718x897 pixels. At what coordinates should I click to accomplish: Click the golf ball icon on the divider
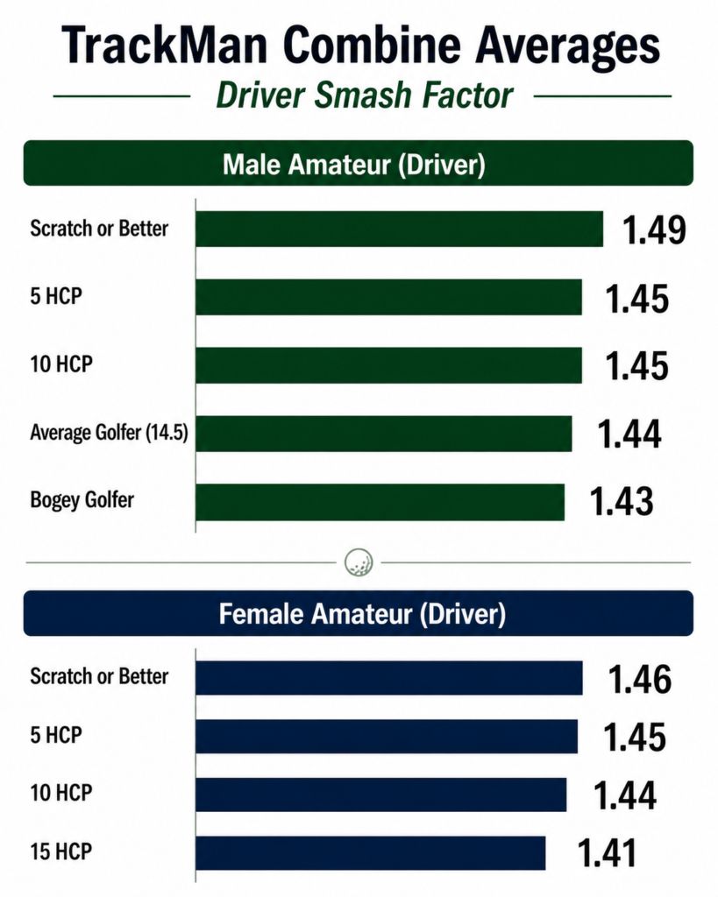click(x=359, y=562)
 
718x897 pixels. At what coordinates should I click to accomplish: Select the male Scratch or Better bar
click(x=399, y=229)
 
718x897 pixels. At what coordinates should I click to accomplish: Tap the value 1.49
click(x=654, y=230)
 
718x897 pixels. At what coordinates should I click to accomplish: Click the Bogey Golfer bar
click(x=380, y=502)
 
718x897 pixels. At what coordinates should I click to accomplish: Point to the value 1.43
click(x=622, y=501)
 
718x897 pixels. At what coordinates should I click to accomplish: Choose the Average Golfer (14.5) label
click(x=109, y=432)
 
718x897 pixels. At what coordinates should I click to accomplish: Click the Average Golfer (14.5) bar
click(x=384, y=434)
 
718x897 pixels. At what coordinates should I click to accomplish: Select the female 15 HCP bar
click(x=371, y=852)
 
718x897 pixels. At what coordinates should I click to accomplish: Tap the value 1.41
click(x=607, y=853)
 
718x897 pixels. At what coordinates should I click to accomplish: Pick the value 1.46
click(x=640, y=680)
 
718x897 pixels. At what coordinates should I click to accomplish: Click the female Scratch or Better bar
click(x=388, y=678)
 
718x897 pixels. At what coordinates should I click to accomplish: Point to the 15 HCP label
click(x=61, y=851)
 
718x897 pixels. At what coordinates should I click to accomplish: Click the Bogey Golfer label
click(x=82, y=499)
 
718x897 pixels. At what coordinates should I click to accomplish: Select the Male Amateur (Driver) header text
click(x=354, y=164)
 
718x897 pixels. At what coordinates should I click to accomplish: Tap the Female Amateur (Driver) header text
click(x=362, y=614)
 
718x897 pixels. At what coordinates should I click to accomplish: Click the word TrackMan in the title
click(x=164, y=46)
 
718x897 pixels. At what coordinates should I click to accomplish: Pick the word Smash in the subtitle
click(x=364, y=95)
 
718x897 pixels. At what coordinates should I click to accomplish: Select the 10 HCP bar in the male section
click(x=388, y=365)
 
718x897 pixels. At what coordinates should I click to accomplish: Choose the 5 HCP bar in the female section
click(x=387, y=736)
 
